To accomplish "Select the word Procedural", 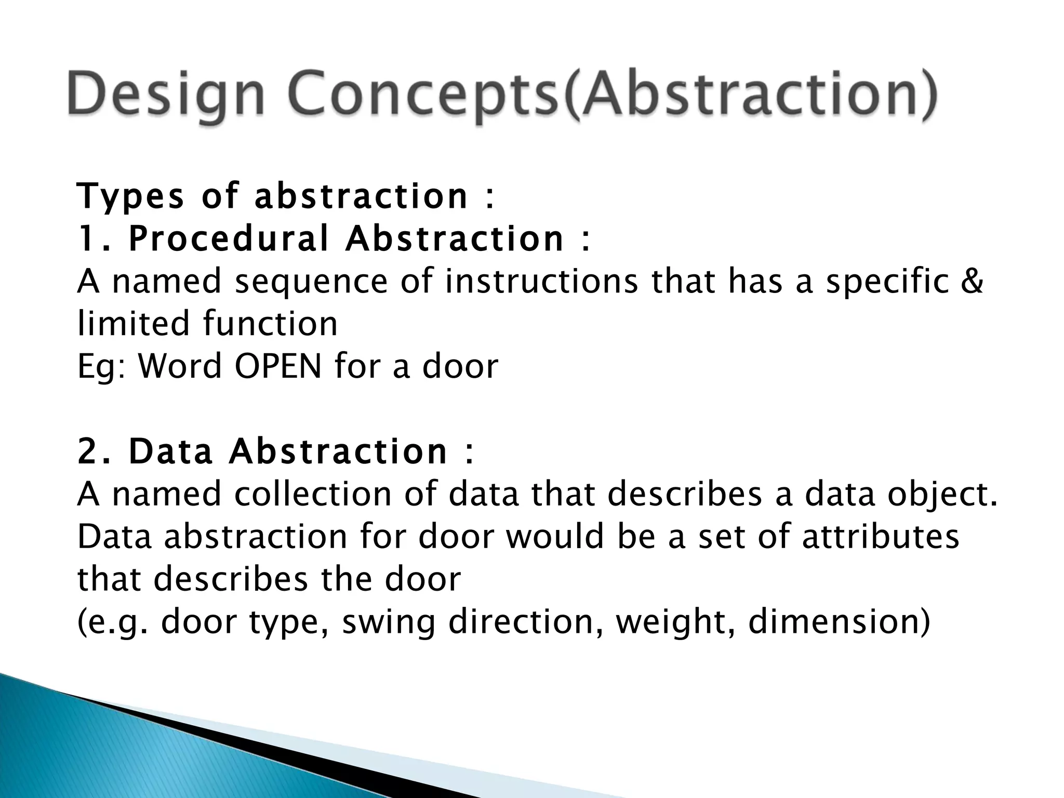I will coord(229,239).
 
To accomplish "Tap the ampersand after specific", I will coord(972,282).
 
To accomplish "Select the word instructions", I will coord(541,282).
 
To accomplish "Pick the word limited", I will coord(133,324).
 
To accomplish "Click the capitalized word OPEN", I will coord(278,366).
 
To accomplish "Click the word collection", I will coord(312,494).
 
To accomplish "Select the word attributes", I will coord(880,537).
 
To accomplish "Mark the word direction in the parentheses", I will coord(525,622).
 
